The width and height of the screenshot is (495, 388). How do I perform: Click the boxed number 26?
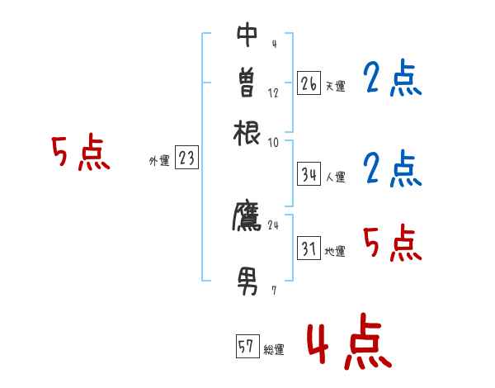[x=309, y=83]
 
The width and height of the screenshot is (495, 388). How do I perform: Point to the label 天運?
[x=335, y=86]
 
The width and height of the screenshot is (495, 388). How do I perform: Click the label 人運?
[x=335, y=176]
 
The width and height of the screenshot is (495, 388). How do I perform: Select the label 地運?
[x=335, y=251]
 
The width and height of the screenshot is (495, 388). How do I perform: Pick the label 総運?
[x=274, y=349]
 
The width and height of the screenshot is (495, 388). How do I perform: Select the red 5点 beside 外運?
[x=81, y=154]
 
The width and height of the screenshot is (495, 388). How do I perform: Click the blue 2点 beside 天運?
[x=392, y=80]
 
